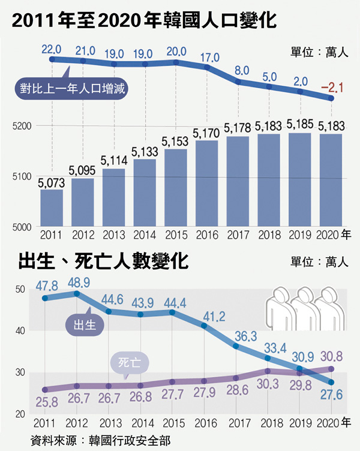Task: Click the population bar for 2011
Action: (x=51, y=208)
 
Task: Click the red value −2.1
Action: (x=331, y=88)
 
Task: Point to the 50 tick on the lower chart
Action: (x=20, y=290)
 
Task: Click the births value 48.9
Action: (x=83, y=281)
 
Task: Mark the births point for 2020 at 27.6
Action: (x=331, y=382)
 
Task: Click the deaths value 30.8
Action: (x=331, y=356)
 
